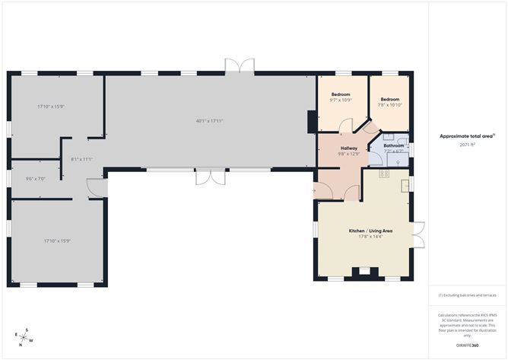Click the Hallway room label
coord(349,148)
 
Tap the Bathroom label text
coord(393,145)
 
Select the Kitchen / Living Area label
coord(370,230)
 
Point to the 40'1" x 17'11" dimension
coord(209,120)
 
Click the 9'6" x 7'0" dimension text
coord(36,178)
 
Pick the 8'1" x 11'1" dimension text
coord(81,159)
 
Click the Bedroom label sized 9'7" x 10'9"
coord(340,94)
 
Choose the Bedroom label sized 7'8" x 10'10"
coord(390,99)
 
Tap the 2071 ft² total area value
coord(467,145)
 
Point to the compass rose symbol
coord(24,336)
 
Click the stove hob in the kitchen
coord(383,174)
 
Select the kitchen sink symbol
coord(406,185)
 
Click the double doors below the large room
coord(208,177)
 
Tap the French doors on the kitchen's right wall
coord(417,234)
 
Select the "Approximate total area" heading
coord(466,136)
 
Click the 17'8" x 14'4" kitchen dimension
coord(370,237)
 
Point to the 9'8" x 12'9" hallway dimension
coord(349,155)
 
